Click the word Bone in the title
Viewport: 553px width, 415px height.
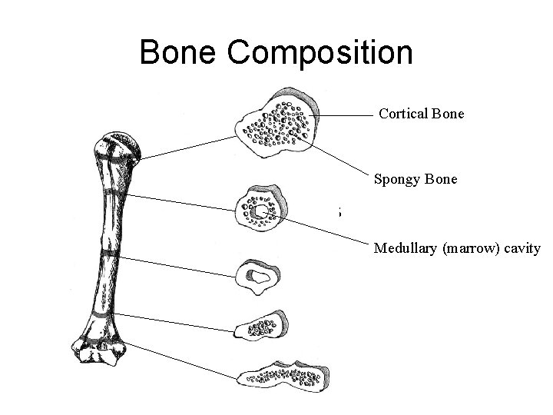pyautogui.click(x=180, y=53)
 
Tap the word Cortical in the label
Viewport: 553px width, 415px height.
pyautogui.click(x=403, y=114)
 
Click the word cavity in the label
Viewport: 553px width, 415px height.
pyautogui.click(x=523, y=248)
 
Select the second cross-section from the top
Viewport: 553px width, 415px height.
pyautogui.click(x=261, y=207)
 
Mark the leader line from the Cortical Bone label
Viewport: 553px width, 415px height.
pyautogui.click(x=346, y=115)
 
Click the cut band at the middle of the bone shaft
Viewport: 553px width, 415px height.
pyautogui.click(x=108, y=252)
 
